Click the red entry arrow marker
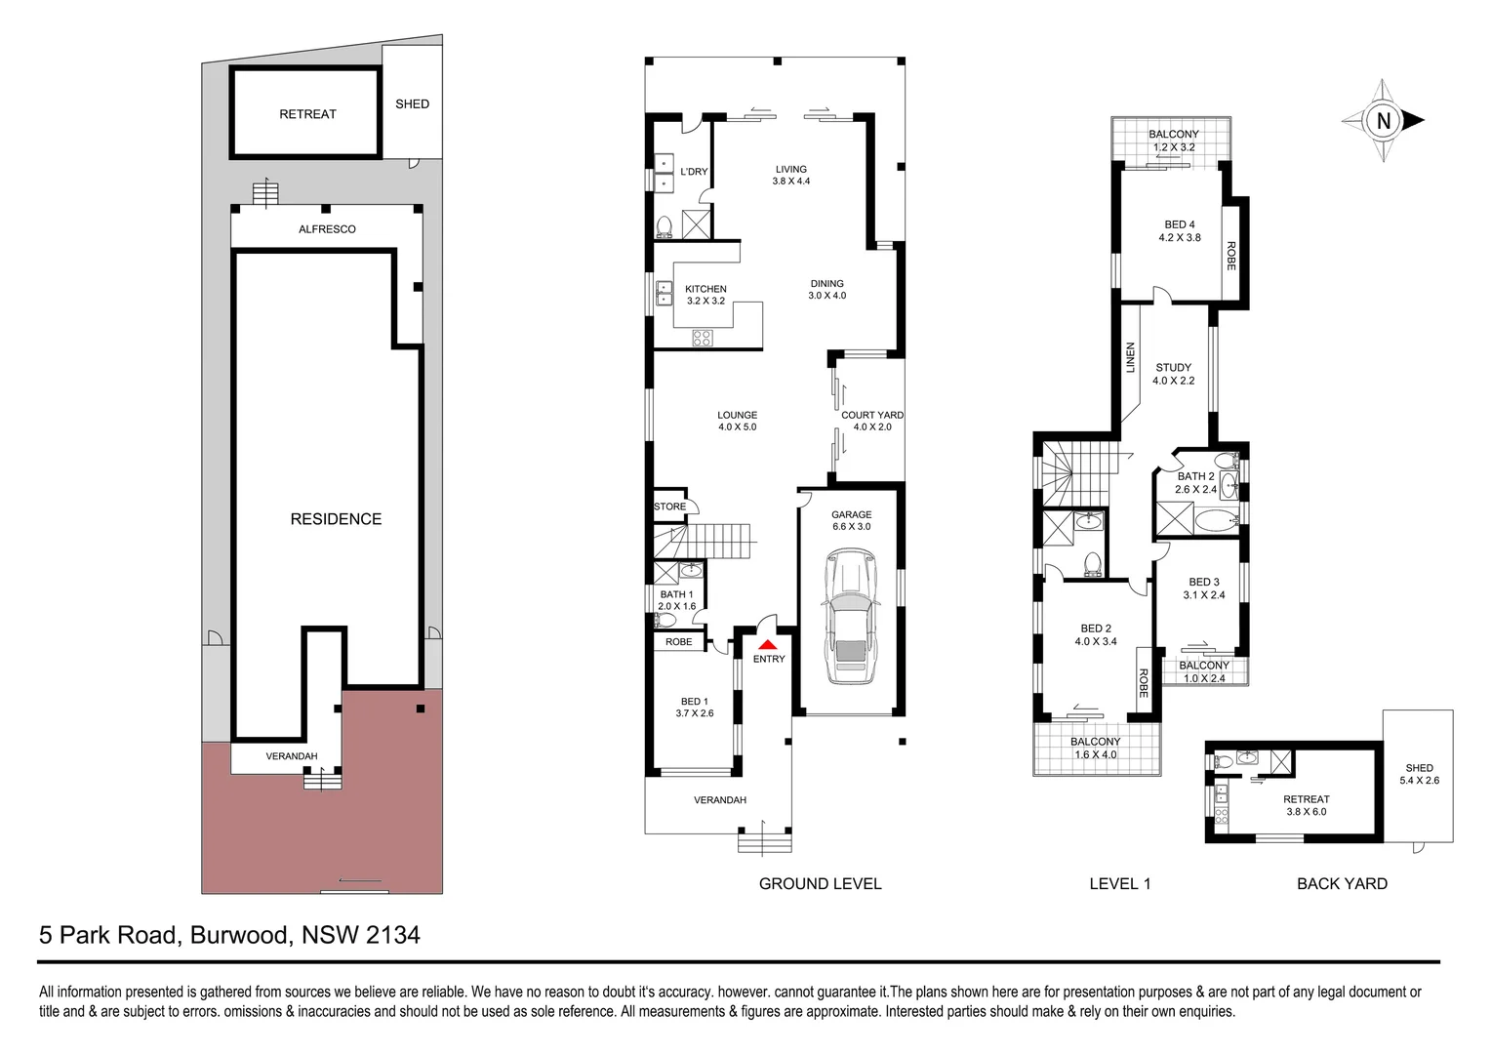(768, 644)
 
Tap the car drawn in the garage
(850, 617)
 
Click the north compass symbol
(1383, 121)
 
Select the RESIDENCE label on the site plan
(336, 519)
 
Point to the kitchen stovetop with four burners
(702, 339)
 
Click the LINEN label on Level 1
(1131, 357)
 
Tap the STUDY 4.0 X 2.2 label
(1173, 374)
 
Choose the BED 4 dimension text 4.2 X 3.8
(1179, 237)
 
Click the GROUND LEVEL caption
(820, 883)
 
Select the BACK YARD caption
(1342, 883)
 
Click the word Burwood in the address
(240, 935)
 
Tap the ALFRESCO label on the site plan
(327, 229)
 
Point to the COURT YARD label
(871, 415)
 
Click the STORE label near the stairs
(669, 507)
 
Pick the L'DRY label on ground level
(694, 172)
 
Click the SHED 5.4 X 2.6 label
(1419, 774)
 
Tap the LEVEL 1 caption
(1119, 883)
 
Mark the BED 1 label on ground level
(694, 702)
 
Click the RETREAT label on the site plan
(307, 114)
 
